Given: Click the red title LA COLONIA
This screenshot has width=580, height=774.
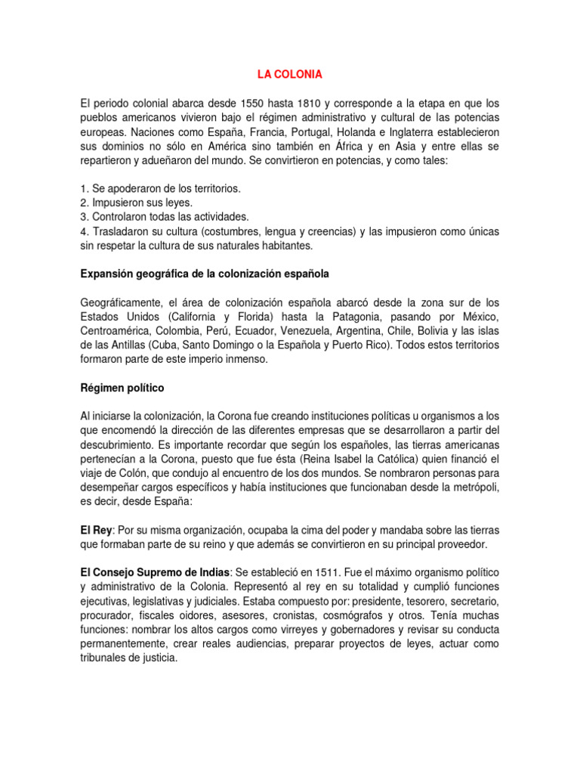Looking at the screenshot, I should pos(290,74).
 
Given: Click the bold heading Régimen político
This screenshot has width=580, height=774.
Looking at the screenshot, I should pos(122,388).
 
